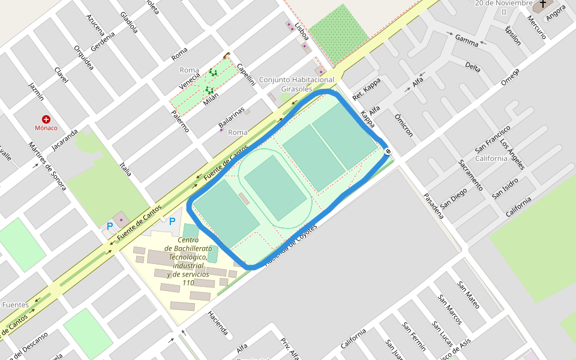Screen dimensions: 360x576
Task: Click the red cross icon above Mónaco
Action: [x=46, y=119]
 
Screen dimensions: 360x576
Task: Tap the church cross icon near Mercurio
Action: [x=543, y=4]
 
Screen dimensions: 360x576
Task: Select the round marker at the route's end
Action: [x=388, y=151]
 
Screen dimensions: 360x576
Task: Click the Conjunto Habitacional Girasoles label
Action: [x=296, y=84]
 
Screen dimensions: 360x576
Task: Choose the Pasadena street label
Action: [x=433, y=205]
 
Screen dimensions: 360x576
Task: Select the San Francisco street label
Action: [x=493, y=139]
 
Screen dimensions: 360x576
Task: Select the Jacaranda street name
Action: [x=65, y=139]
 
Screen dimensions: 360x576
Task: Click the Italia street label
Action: [x=125, y=170]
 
